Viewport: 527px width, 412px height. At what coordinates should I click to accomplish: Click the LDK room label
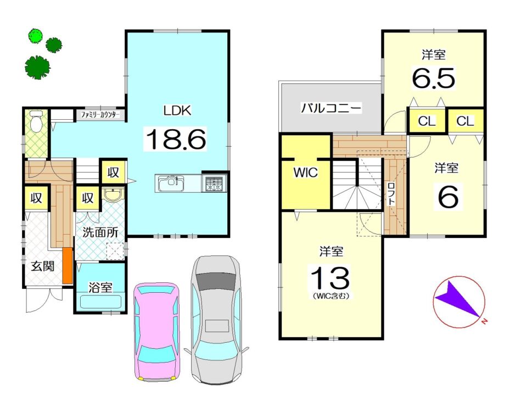177,110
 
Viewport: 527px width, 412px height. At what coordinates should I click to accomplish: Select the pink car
157,331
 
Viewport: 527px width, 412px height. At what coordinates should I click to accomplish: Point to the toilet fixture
36,121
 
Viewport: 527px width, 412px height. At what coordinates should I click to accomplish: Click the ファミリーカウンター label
100,115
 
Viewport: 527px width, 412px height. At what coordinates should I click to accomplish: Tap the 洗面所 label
100,232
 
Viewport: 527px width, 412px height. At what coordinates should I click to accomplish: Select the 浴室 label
100,287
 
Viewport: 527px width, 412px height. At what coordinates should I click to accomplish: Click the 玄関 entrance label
42,267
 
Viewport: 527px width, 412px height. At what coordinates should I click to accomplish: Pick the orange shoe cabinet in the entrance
68,265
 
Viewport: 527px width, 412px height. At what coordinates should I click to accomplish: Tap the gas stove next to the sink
213,183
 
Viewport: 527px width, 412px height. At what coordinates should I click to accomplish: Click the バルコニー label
330,108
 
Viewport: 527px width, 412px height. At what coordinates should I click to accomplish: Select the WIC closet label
305,172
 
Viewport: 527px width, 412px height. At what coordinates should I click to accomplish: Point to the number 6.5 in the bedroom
434,79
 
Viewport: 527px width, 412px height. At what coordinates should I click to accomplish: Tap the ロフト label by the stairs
391,193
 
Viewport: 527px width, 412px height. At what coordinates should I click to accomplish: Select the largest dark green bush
37,67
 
